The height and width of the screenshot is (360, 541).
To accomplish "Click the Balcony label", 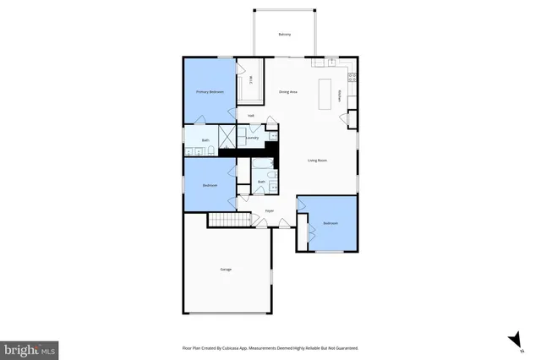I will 285,35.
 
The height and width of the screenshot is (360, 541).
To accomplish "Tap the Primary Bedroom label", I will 210,91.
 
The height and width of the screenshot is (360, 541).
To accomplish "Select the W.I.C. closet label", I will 251,81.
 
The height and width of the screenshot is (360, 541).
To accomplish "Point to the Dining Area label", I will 288,91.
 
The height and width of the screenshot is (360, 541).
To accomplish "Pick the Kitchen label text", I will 339,96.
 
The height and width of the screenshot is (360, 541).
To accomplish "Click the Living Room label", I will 318,161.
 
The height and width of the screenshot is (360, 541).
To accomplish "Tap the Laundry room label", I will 252,137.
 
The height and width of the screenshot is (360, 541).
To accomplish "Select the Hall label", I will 251,116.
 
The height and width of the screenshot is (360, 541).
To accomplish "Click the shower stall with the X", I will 227,137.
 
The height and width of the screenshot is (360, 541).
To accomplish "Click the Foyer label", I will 270,210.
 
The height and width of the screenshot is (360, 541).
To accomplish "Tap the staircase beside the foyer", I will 231,220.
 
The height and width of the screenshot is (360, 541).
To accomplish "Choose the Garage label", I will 226,270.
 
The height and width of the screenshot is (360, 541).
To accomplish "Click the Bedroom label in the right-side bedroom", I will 330,223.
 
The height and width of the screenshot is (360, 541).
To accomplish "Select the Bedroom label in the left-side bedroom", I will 210,185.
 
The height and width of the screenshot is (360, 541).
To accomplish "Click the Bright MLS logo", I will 30,348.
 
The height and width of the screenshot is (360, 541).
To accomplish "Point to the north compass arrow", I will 512,340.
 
